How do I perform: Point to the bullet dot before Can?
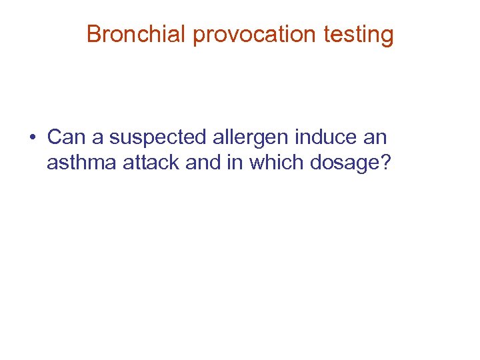[x=32, y=138]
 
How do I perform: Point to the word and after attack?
[x=203, y=162]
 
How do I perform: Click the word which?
[x=275, y=162]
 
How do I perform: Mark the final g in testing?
[x=387, y=36]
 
